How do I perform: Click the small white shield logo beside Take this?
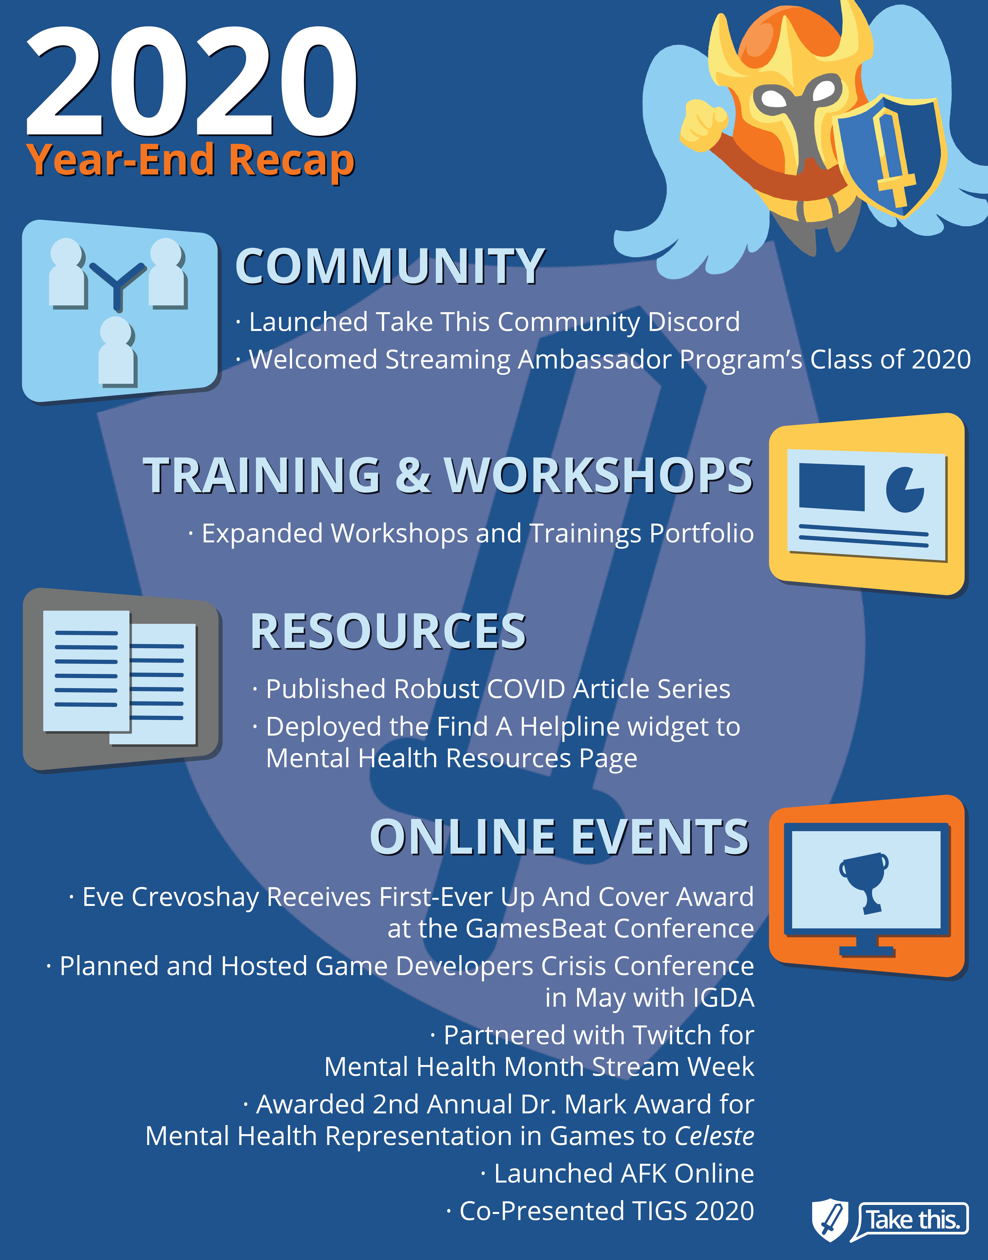tap(830, 1218)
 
